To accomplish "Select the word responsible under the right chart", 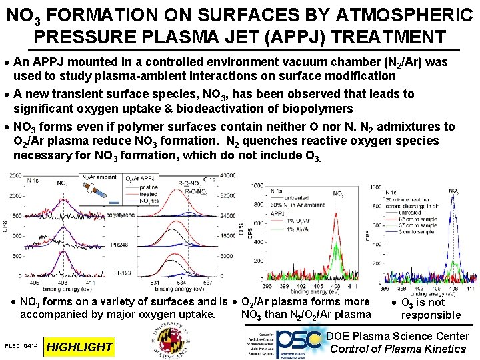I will tap(431, 315).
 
